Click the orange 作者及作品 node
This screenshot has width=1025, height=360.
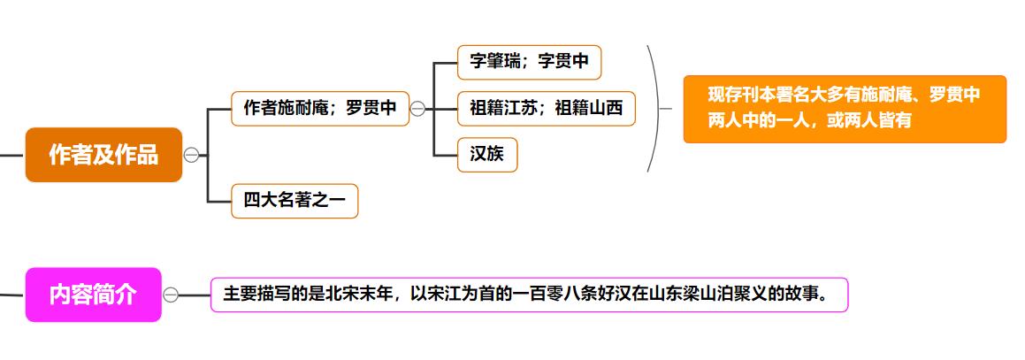point(103,155)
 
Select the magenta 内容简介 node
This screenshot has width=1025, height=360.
point(93,295)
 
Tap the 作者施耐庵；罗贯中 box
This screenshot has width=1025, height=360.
point(320,109)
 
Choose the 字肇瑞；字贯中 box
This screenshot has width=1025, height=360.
point(529,62)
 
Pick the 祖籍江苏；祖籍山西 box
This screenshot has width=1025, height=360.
point(547,109)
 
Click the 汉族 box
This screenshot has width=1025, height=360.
point(487,155)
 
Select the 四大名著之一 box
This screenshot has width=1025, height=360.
point(294,201)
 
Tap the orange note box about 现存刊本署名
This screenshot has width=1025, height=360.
point(845,109)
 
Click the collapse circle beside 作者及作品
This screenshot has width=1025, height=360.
point(191,155)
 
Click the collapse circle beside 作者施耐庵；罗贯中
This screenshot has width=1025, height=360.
point(417,109)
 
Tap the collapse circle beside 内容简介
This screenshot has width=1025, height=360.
point(171,295)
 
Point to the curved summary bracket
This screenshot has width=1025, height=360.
point(653,109)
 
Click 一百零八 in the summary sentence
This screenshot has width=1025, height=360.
point(545,295)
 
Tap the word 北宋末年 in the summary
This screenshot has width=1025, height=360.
point(359,295)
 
